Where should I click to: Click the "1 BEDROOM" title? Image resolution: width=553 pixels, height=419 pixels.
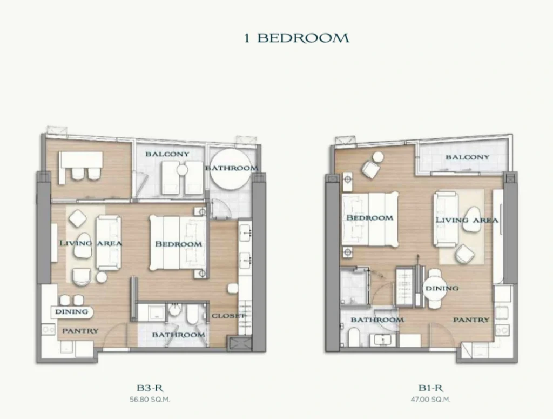pos(296,38)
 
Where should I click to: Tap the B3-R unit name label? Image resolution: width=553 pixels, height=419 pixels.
pos(150,388)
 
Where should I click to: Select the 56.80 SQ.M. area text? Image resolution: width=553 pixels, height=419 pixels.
pos(150,400)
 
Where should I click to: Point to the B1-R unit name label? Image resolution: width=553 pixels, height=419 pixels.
pos(430,388)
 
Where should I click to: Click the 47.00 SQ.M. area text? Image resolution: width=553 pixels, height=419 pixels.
pos(430,400)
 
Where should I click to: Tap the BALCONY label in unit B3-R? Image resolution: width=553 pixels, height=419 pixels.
pos(167,154)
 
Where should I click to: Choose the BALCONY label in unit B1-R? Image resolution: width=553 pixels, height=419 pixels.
pos(468,157)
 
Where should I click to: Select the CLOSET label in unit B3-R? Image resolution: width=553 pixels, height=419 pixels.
pos(228,316)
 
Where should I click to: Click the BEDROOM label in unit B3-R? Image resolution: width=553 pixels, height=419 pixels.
pos(179,244)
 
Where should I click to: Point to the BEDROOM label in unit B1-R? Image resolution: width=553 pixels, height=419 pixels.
pos(370,218)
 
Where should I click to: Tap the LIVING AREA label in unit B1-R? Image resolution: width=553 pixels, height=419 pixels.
pos(467,220)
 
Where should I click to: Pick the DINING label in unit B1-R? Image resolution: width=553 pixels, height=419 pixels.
pos(442,288)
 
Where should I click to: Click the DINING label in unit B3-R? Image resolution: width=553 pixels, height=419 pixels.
pos(72,312)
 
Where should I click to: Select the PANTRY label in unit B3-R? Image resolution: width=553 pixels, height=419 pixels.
pos(80,331)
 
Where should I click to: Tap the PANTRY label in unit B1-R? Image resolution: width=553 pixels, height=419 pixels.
pos(471,320)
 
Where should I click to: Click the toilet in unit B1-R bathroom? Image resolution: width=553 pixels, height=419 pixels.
pos(354,337)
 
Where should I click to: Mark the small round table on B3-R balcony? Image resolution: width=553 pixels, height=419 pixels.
pos(183,170)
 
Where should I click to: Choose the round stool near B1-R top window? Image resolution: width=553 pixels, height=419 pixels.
pos(378,157)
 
